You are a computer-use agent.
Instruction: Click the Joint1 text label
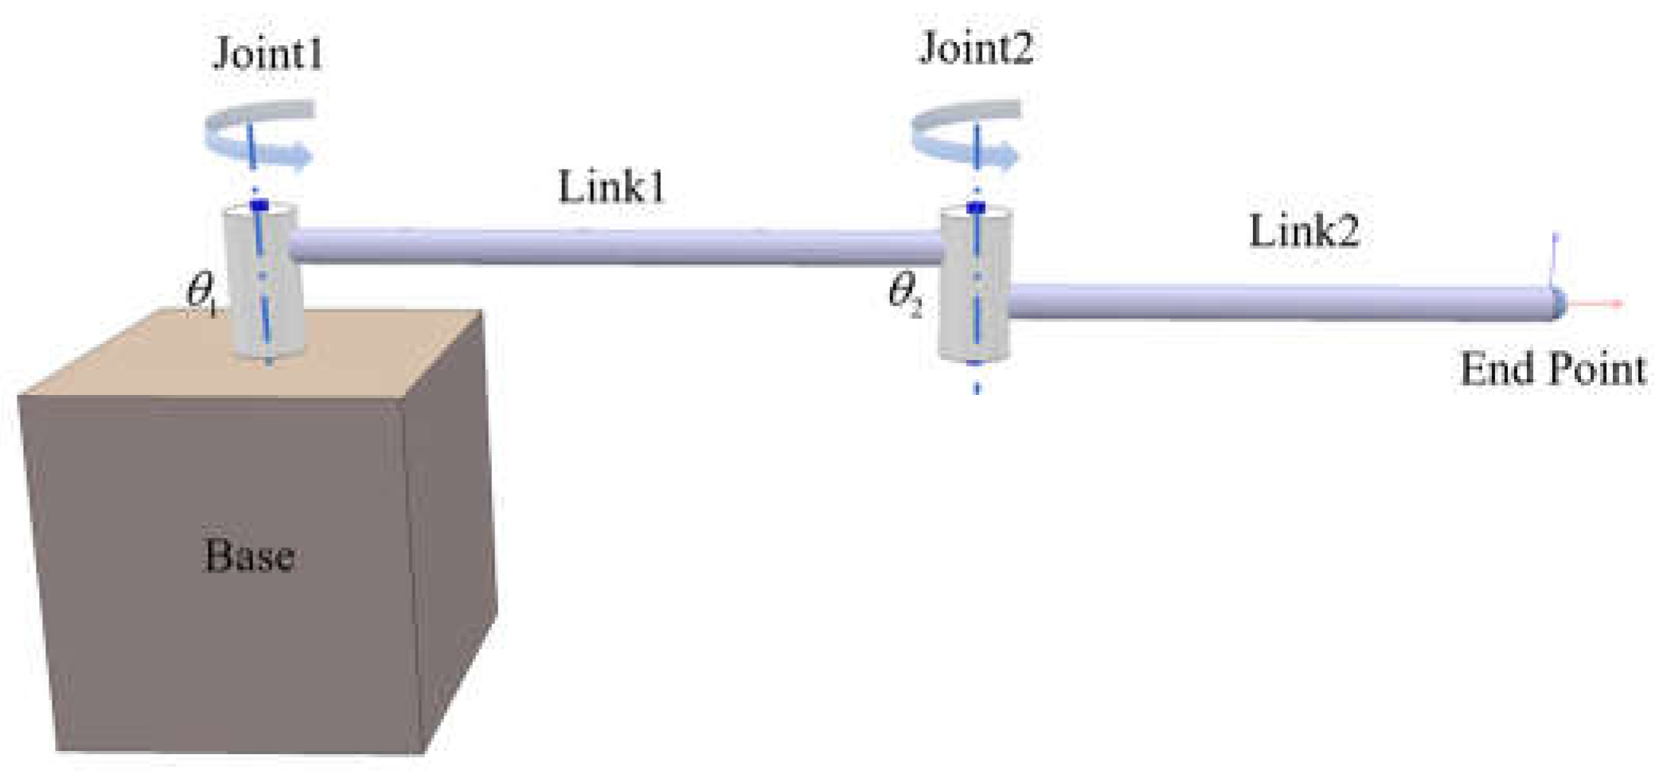click(267, 54)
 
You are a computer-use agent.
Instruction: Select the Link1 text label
click(611, 188)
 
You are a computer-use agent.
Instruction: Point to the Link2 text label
click(1304, 232)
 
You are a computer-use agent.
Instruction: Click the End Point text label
click(1552, 369)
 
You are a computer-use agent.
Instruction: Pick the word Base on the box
click(249, 556)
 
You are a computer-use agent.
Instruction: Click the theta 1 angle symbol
click(201, 294)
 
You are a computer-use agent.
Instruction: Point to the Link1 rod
click(613, 247)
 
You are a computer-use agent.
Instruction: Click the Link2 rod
click(1274, 303)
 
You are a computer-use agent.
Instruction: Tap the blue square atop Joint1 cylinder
click(260, 206)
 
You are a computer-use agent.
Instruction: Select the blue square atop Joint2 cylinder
click(976, 208)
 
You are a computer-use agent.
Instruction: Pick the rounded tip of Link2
click(1557, 303)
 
